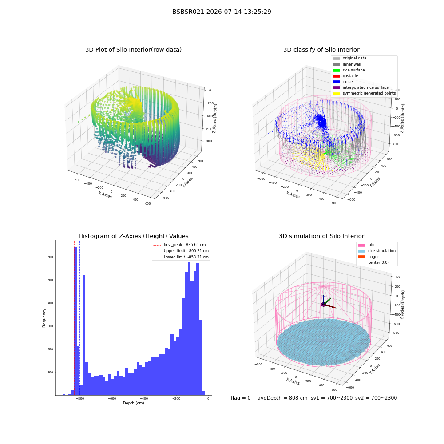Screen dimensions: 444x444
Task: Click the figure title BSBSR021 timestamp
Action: click(222, 12)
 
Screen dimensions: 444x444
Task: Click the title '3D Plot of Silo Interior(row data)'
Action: click(133, 50)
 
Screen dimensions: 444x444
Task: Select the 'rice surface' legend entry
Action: click(348, 70)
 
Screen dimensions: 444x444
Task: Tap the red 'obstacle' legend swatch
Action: click(336, 76)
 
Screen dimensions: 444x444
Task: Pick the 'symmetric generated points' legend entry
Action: click(364, 93)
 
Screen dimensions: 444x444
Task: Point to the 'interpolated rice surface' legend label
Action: click(365, 87)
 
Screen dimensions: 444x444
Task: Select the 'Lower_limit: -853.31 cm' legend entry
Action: click(181, 257)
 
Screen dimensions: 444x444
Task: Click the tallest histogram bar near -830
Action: click(75, 321)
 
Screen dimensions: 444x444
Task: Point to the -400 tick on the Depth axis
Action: click(144, 398)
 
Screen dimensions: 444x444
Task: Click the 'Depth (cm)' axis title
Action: click(133, 403)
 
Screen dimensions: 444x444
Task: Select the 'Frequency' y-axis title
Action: click(44, 318)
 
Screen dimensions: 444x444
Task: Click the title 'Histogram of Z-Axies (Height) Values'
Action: click(133, 236)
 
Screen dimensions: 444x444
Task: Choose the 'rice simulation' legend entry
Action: click(377, 250)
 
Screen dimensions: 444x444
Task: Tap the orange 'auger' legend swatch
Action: click(361, 257)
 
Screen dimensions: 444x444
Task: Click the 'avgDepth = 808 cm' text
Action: click(282, 398)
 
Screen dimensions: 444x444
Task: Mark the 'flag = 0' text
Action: click(241, 398)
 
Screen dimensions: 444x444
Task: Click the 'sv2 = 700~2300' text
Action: click(376, 398)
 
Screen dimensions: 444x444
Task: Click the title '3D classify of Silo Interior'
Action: click(321, 50)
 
